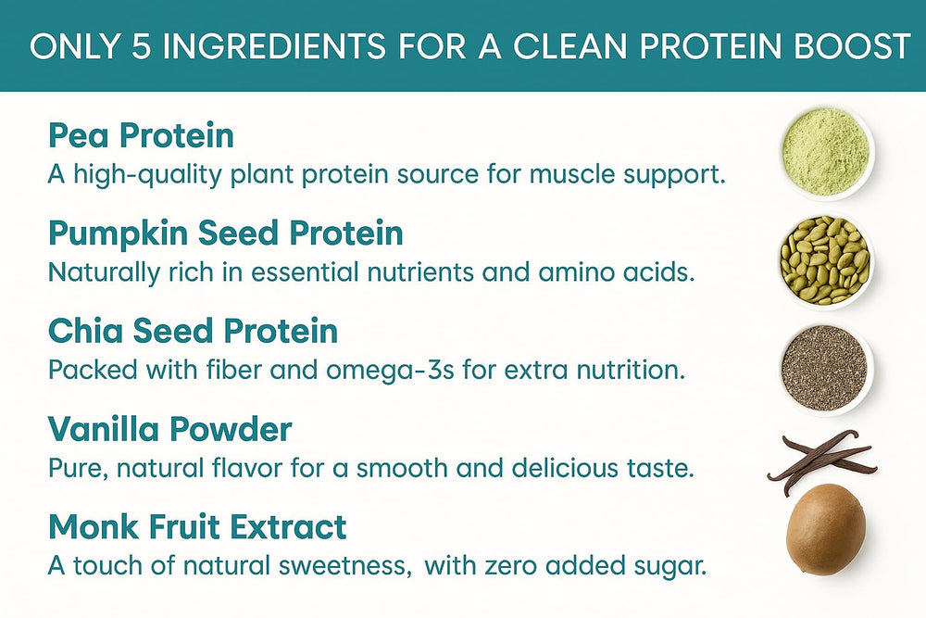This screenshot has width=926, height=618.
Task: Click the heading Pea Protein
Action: tap(141, 137)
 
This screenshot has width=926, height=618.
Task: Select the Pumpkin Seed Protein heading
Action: tap(225, 233)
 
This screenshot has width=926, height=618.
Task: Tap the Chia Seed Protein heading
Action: tap(193, 332)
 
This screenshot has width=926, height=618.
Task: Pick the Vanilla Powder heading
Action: tap(169, 430)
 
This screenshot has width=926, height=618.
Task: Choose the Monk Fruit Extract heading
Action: tap(197, 527)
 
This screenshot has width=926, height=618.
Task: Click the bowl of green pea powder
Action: tap(825, 152)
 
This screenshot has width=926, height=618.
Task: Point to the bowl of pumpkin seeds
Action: tap(825, 259)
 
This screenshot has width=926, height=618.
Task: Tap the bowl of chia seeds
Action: tap(824, 366)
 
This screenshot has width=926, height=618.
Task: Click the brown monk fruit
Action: tap(825, 531)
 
